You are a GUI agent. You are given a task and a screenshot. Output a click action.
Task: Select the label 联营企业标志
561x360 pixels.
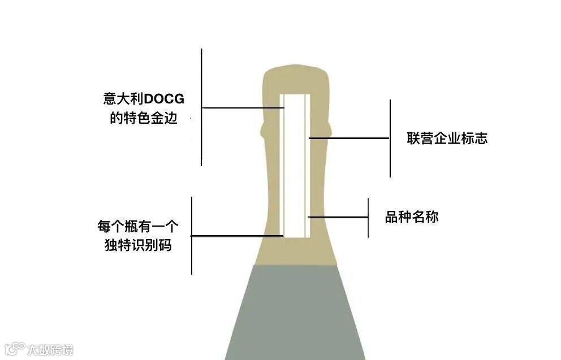447,138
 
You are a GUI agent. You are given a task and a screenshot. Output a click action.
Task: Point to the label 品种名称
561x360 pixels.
412,217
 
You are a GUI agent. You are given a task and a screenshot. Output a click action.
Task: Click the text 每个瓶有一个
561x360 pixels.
138,227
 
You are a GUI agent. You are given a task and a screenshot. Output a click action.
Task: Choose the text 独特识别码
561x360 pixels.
138,246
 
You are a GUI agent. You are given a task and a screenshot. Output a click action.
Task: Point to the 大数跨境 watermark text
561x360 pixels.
51,350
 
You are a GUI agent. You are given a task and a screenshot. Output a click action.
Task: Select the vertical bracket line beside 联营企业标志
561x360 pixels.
390,138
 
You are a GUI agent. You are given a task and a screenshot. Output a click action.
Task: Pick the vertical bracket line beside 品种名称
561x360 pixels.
368,218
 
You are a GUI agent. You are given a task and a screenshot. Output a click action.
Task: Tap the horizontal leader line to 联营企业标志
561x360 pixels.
349,138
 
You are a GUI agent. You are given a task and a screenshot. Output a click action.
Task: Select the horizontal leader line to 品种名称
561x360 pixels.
338,217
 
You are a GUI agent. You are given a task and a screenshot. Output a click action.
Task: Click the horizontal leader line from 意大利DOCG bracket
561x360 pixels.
241,107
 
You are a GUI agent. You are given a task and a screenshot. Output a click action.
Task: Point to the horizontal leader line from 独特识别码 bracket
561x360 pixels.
237,236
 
